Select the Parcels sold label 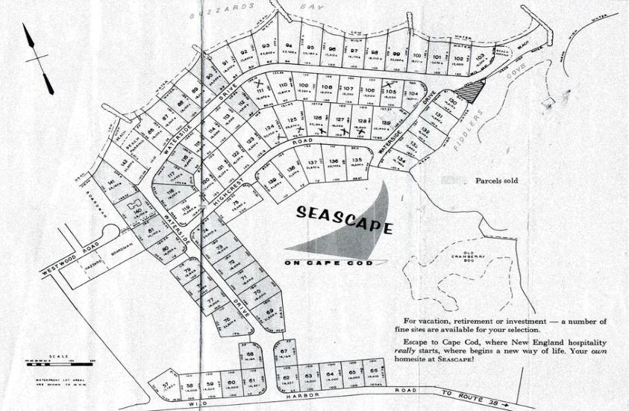[495, 181]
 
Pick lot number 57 [165, 386]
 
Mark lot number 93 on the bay [266, 47]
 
